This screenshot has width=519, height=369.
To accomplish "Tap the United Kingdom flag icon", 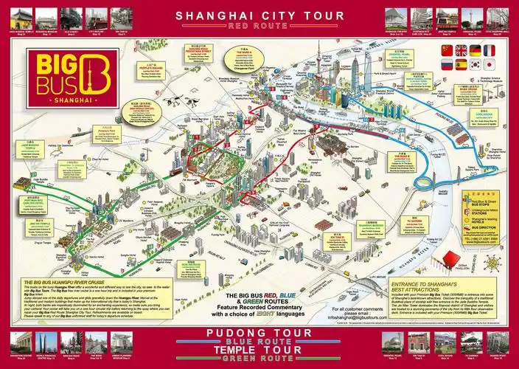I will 461,50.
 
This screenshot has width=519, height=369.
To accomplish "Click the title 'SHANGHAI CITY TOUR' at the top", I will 259,14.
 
